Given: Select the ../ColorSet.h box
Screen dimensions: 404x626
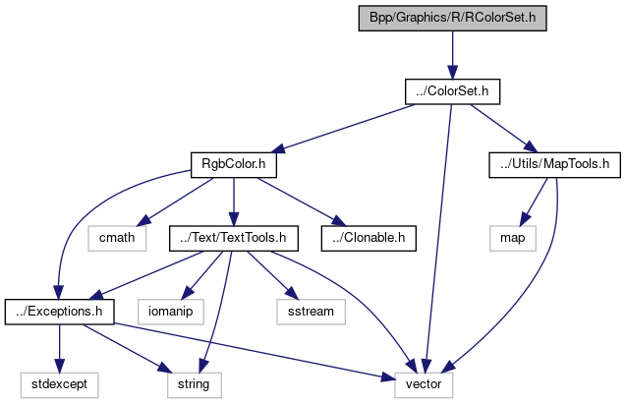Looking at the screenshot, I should click(x=453, y=91).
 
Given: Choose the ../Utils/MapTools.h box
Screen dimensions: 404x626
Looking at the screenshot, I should click(x=554, y=163).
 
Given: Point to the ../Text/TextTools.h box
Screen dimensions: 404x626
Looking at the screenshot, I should click(x=233, y=237).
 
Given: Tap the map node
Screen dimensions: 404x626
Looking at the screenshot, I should click(x=512, y=237).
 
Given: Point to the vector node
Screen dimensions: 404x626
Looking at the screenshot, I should click(x=424, y=382).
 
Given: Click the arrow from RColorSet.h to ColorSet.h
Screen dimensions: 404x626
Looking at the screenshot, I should click(x=452, y=54).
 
